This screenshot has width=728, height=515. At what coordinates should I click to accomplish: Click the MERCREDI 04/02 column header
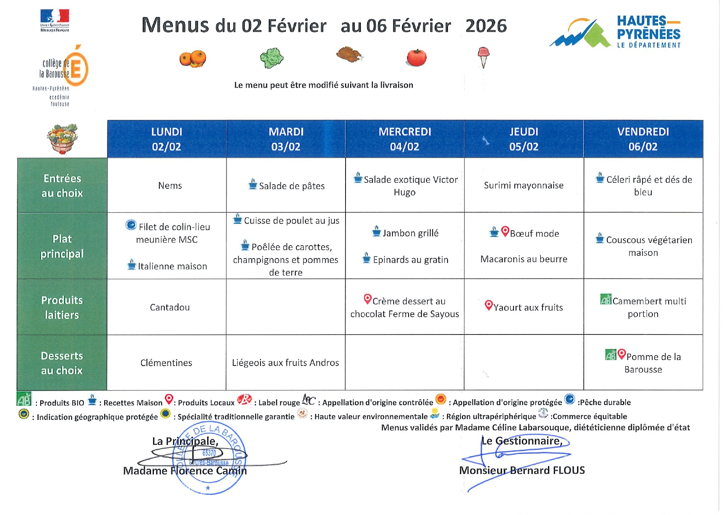click(404, 139)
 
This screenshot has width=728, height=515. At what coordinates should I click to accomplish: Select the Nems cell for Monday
click(170, 185)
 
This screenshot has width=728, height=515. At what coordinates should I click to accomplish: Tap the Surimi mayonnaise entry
click(523, 185)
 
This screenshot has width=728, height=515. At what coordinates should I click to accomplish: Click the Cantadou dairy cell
click(170, 308)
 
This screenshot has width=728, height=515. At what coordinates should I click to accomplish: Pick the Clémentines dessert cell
click(166, 363)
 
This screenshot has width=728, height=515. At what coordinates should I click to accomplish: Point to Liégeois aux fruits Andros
click(285, 363)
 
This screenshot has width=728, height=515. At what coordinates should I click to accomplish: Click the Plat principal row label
click(62, 246)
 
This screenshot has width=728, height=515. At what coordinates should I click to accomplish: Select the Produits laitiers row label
click(62, 308)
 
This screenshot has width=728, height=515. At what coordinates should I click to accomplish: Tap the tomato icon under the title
click(416, 58)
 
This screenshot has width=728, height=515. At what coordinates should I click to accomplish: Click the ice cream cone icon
click(483, 57)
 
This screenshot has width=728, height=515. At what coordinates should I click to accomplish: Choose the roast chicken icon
click(349, 54)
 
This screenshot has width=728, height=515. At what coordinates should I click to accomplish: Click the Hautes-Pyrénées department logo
click(615, 32)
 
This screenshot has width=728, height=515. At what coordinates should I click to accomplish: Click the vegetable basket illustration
click(62, 139)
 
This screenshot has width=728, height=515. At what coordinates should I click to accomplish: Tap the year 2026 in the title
click(486, 26)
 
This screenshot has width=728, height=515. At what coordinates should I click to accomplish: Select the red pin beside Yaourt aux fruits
click(489, 305)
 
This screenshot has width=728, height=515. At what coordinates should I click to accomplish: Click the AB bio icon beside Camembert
click(606, 299)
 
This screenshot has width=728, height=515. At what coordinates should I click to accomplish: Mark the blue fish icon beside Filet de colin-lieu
click(131, 225)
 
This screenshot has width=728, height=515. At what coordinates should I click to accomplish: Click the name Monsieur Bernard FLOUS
click(522, 470)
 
